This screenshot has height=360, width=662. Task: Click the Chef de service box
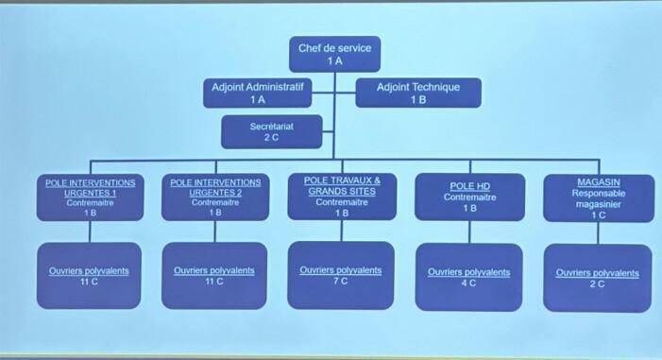pos(334,54)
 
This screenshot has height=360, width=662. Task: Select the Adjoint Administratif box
pos(257,93)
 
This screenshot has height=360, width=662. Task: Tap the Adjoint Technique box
pos(417,93)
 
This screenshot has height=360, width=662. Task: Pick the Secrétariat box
pos(271,131)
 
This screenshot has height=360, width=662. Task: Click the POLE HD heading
pos(469,186)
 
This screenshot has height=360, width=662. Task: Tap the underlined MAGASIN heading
pos(598,181)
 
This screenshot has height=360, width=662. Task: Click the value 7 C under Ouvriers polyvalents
pos(341,281)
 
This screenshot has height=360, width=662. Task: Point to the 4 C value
pos(468,283)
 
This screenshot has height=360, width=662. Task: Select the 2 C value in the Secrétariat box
pos(271,137)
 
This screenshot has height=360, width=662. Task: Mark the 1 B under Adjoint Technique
pos(417,99)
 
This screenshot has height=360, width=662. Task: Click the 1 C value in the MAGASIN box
pos(598,214)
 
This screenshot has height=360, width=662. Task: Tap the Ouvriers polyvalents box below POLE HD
pos(468,276)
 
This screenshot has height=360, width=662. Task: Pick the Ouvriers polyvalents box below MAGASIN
pos(597,277)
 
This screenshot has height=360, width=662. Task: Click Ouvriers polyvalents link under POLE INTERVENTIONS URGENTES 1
pos(89,270)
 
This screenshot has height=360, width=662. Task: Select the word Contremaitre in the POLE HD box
pos(469,197)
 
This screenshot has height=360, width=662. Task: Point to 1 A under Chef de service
pos(334,60)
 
